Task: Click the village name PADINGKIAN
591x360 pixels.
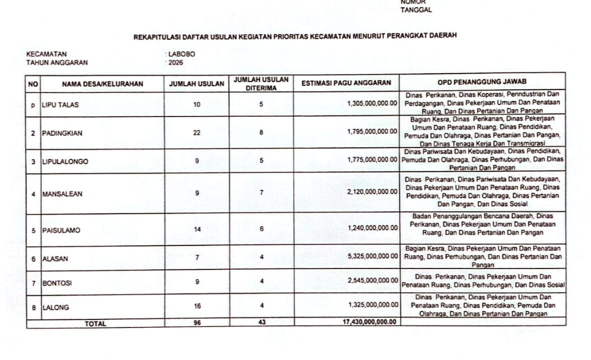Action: (x=62, y=133)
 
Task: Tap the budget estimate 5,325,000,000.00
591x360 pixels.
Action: (x=372, y=258)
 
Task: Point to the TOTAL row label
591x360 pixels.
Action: (x=95, y=323)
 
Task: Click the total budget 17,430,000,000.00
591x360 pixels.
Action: (x=370, y=322)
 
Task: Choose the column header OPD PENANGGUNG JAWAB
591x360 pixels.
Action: (x=482, y=81)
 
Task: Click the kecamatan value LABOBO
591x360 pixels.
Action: (x=181, y=54)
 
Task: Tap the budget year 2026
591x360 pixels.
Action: (x=175, y=62)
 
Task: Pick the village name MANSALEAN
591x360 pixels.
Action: (x=62, y=194)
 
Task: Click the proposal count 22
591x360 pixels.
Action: (x=197, y=133)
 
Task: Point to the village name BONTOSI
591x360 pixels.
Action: (x=57, y=283)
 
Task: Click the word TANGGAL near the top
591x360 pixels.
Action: (x=416, y=10)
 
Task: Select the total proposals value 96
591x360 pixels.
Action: (x=197, y=323)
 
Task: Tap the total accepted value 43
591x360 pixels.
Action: (x=261, y=322)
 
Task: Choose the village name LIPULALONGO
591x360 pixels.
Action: (x=65, y=161)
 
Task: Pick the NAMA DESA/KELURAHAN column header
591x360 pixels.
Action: (x=102, y=84)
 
